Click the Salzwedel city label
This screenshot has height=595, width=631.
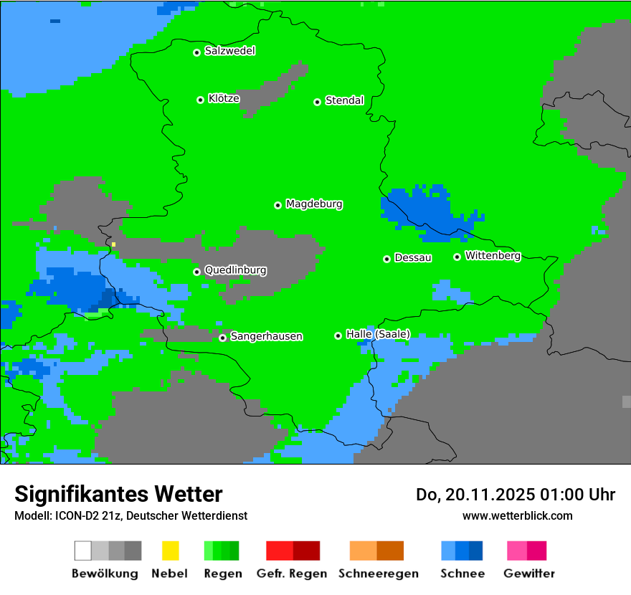(229, 51)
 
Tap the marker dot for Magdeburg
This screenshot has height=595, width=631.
(277, 205)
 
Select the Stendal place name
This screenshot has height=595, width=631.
(344, 100)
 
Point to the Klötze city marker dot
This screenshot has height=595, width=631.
(200, 100)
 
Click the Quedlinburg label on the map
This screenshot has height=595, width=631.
(235, 270)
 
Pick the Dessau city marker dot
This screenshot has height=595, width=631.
(386, 259)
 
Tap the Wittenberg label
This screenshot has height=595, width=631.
(493, 256)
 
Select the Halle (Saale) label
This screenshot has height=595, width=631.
(378, 334)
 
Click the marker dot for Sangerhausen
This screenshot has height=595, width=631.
(222, 338)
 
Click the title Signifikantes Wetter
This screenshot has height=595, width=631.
(118, 494)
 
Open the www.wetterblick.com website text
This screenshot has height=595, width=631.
(517, 515)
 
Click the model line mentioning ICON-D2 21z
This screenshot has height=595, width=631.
(131, 515)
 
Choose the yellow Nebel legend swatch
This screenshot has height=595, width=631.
(170, 551)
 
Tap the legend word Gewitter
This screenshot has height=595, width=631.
(528, 573)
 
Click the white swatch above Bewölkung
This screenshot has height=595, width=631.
(83, 551)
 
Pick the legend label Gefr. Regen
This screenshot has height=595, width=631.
(291, 573)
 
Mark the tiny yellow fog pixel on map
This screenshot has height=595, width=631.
(113, 244)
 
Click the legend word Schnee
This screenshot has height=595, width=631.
(462, 573)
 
